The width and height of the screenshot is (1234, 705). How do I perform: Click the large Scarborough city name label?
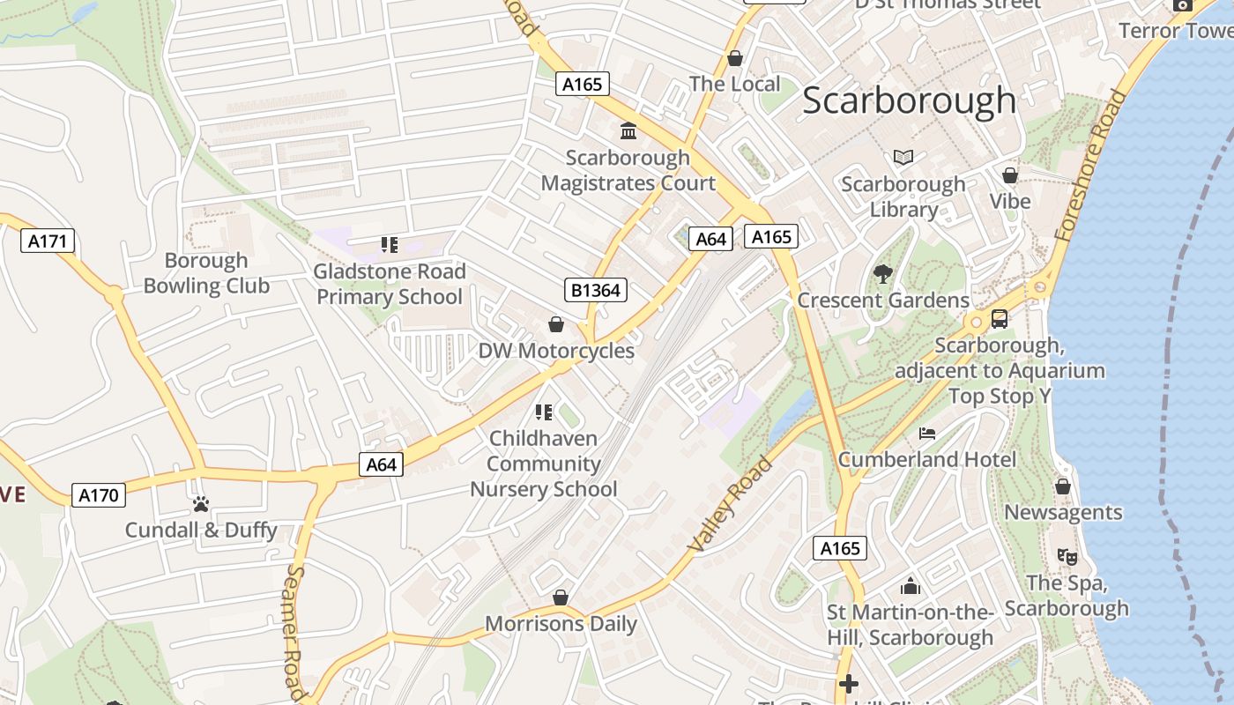(909, 100)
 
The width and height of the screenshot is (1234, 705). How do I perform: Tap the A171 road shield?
(48, 241)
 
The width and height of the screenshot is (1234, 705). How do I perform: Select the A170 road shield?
(98, 495)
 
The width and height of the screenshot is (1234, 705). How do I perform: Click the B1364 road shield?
(595, 290)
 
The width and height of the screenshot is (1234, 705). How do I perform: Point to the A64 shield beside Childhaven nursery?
(381, 464)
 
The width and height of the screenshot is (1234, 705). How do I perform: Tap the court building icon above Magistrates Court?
(628, 131)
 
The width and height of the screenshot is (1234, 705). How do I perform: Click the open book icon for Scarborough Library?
(903, 158)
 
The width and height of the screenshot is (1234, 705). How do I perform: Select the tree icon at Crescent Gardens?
(882, 274)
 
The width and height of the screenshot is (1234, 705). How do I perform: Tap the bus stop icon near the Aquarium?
(999, 319)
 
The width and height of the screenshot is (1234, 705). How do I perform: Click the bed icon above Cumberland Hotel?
(926, 433)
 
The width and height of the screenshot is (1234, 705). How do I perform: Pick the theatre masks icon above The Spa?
(1067, 557)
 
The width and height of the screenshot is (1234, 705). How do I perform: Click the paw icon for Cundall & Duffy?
(201, 504)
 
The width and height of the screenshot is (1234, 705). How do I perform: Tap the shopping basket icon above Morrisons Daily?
(560, 598)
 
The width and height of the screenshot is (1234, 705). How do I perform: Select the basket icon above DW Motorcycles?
(556, 324)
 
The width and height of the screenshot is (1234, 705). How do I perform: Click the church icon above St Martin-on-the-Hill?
(911, 586)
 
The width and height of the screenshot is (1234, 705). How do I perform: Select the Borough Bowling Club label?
(206, 273)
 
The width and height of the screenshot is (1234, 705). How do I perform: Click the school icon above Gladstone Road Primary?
(389, 244)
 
